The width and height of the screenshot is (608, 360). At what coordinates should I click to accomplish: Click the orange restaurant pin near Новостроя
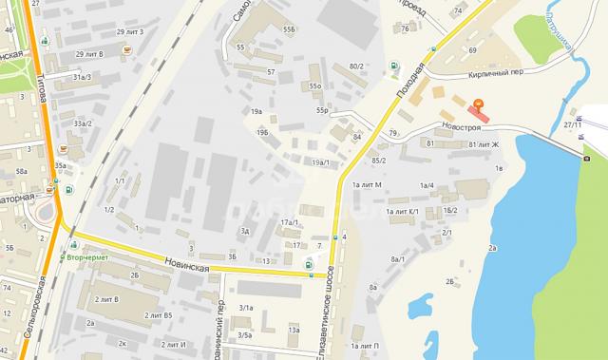pos(478,103)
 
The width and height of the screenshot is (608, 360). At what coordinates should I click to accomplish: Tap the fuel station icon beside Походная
pos(394,66)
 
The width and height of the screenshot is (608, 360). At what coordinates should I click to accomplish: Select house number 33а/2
pos(83,123)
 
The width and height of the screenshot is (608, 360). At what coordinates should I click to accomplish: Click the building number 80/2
pos(356,66)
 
